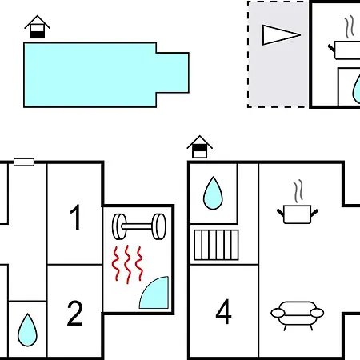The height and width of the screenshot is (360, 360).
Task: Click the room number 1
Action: point(76,217)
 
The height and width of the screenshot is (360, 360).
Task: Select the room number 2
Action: point(74,313)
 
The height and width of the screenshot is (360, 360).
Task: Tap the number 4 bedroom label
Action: point(223,311)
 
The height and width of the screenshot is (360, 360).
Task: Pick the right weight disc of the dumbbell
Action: point(159,226)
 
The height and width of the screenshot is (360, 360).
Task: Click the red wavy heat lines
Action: point(127,264)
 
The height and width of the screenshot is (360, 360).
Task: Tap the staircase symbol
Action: point(216,245)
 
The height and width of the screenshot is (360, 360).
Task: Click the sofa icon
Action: point(298,315)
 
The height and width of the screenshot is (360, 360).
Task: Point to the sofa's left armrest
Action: point(278,313)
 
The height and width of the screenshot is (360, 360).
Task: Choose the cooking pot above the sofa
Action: point(298,214)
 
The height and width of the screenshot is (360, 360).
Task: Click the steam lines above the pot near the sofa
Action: point(298,191)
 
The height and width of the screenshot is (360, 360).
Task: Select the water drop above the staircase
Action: point(213,193)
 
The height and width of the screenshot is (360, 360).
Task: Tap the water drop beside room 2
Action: point(27,330)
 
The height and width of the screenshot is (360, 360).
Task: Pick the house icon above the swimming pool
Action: point(38,26)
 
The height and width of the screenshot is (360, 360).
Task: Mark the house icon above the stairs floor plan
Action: point(200,146)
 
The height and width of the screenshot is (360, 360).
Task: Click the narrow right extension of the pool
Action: point(173,73)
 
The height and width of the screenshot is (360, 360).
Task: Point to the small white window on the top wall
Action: point(24,162)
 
